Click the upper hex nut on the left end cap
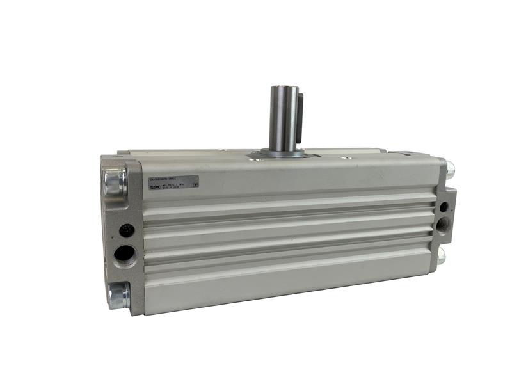(115, 181)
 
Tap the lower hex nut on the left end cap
(118, 295)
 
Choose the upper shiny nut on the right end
(450, 170)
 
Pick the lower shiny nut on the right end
(442, 257)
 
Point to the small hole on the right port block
(444, 206)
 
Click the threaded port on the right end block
(443, 225)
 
